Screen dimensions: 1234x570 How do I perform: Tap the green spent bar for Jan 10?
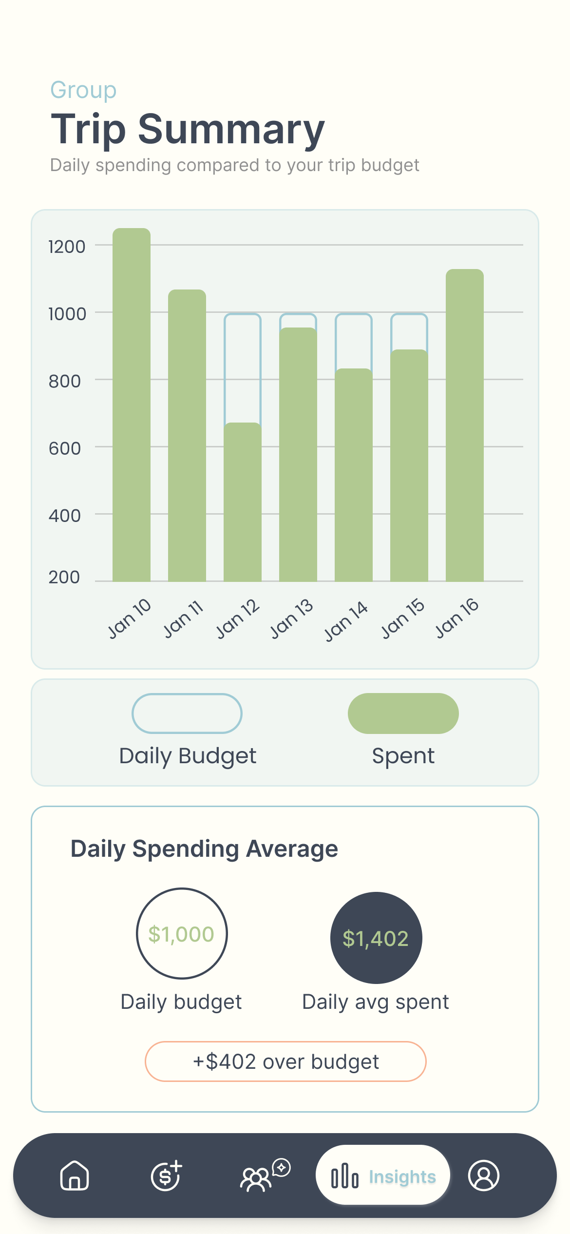coord(132,405)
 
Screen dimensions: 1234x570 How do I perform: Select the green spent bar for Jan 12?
coord(243,502)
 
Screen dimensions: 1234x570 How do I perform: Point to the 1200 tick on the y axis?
coord(67,247)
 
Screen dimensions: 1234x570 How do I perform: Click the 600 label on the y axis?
coord(65,448)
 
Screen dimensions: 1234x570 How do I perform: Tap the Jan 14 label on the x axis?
coord(346,621)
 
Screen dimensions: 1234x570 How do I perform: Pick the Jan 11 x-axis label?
coord(183,619)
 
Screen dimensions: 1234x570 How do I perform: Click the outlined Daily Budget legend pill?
coord(187,713)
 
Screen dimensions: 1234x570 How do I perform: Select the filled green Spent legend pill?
coord(403,713)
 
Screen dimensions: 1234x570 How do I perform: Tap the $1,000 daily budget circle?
coord(182,934)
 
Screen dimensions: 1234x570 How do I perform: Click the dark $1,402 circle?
coord(376,938)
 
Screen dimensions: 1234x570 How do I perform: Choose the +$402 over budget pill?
coord(285,1061)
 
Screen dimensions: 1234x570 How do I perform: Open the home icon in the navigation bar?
coord(75,1176)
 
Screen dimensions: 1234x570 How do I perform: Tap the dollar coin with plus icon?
coord(166,1176)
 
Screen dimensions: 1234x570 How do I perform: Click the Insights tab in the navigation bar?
coord(383,1176)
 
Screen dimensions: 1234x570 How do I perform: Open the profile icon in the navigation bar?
coord(483,1176)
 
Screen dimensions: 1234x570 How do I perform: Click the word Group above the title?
coord(84,90)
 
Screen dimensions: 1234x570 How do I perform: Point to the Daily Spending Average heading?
coord(204,849)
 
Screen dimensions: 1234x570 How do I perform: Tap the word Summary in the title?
coord(231,129)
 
